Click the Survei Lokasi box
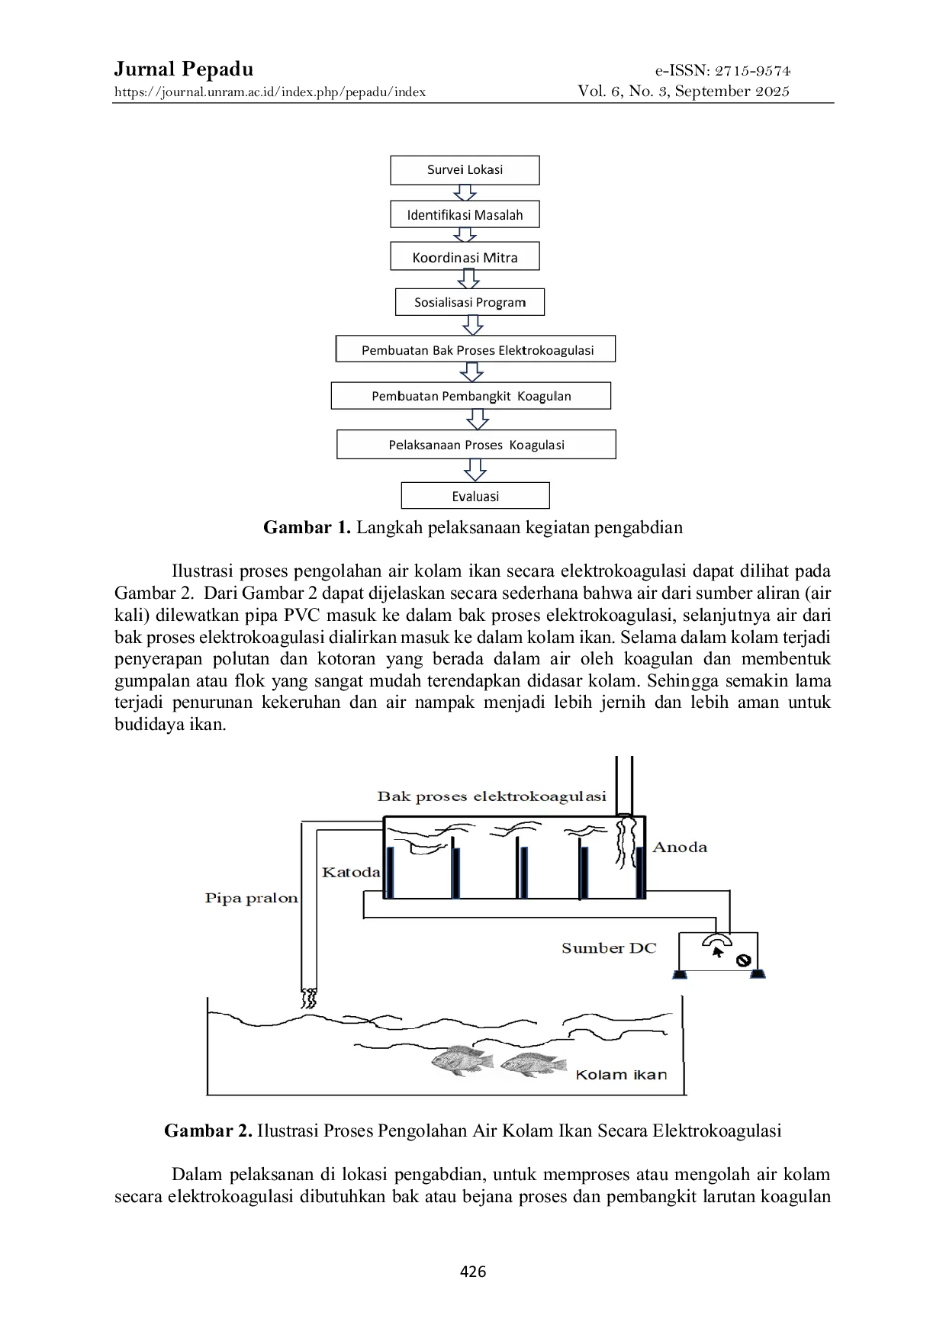point(465,170)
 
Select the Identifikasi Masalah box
point(465,214)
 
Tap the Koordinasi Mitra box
point(465,257)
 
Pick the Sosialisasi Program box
point(470,302)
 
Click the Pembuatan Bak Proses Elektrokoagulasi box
point(476,349)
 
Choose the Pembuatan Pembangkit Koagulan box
point(471,396)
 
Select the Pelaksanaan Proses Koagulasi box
point(476,445)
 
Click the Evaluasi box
point(475,496)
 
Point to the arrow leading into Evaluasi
point(475,470)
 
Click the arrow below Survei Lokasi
point(465,192)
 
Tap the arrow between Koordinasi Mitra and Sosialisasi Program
point(468,279)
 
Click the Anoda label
point(680,848)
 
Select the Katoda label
point(351,872)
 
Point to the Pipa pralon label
point(251,898)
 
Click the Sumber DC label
point(609,948)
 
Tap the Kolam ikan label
point(621,1075)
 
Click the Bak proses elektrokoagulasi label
point(491,796)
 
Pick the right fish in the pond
point(533,1063)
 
